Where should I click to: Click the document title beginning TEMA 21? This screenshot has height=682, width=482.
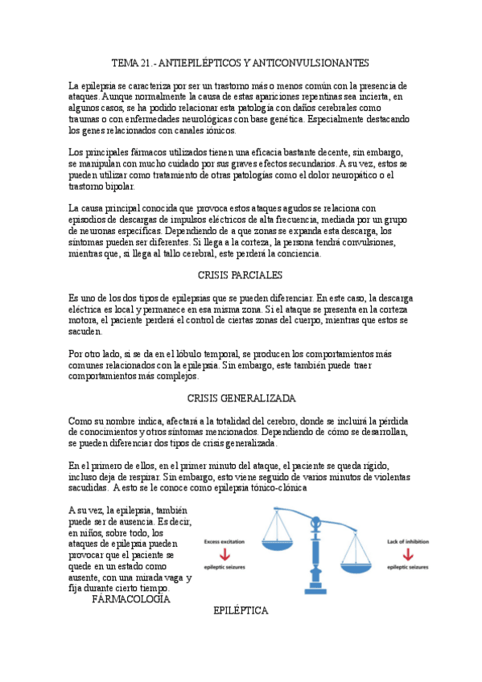point(240,63)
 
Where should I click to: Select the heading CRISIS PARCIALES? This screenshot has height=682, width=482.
point(240,275)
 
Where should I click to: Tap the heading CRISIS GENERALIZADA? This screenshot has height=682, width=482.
point(241,398)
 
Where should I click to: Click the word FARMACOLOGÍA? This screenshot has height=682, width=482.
point(131,599)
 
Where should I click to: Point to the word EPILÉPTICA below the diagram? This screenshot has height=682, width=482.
point(241,611)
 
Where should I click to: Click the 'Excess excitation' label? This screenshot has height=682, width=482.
point(225,541)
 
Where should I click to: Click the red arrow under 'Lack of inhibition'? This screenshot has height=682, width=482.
point(409,554)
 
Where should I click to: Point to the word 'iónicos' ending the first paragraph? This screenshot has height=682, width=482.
point(220,129)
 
